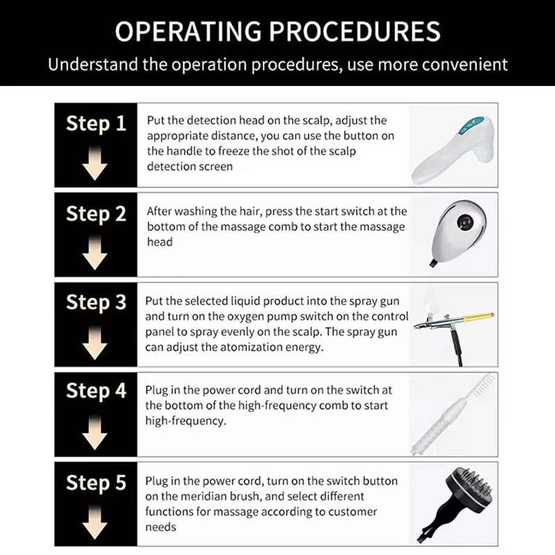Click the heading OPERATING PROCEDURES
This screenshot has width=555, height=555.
click(277, 32)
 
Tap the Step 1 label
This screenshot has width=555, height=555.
click(96, 124)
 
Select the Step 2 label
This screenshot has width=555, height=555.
click(96, 214)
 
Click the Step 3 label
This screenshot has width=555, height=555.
click(96, 303)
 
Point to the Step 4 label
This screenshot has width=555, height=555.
click(96, 391)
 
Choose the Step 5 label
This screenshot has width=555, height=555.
click(96, 481)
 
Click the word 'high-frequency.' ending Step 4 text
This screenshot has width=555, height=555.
click(185, 420)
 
